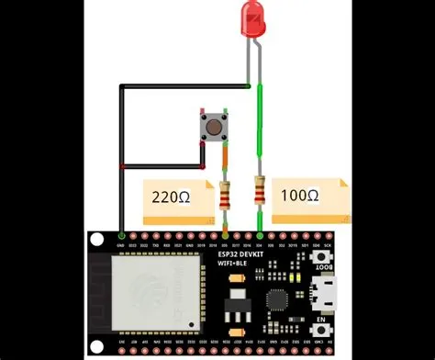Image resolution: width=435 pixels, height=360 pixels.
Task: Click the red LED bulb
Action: (x=253, y=17)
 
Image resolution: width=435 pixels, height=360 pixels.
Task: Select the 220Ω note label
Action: (x=178, y=197)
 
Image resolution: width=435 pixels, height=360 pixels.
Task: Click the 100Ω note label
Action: (x=302, y=196)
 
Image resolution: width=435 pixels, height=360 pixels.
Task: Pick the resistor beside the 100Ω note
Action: (x=261, y=190)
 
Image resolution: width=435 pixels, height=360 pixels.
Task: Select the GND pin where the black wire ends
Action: (x=121, y=235)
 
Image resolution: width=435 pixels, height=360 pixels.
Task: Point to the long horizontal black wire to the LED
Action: (x=184, y=85)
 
